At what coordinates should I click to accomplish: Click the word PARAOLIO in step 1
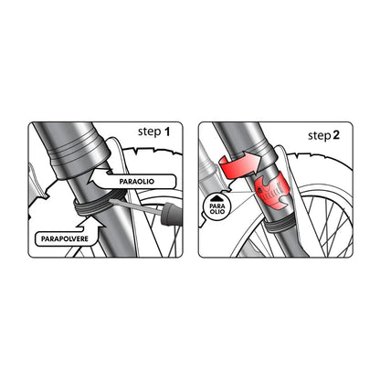(137, 182)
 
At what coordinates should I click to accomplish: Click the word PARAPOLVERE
(65, 239)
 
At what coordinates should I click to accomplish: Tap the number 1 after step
(167, 132)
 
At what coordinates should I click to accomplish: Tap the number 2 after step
(336, 135)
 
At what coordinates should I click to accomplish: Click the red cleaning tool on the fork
(270, 191)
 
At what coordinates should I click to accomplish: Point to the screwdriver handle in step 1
(172, 215)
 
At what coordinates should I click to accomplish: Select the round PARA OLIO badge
(217, 207)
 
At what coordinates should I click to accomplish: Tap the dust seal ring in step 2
(278, 226)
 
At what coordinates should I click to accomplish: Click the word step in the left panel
(150, 132)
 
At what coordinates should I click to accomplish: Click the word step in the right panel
(320, 136)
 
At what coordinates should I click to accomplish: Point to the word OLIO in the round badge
(217, 211)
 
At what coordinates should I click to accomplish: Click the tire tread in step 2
(320, 158)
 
